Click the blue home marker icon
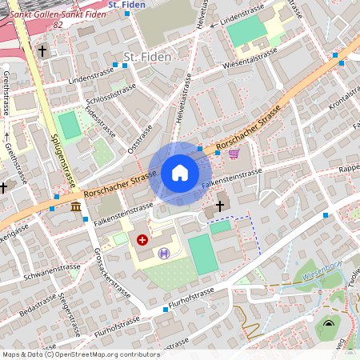(180, 173)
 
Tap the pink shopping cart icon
(234, 154)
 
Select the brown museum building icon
(75, 208)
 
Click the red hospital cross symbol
(142, 239)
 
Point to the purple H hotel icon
(164, 254)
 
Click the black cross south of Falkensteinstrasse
(220, 206)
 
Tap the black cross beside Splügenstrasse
(42, 50)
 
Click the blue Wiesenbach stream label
(322, 276)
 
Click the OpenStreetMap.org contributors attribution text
(104, 354)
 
